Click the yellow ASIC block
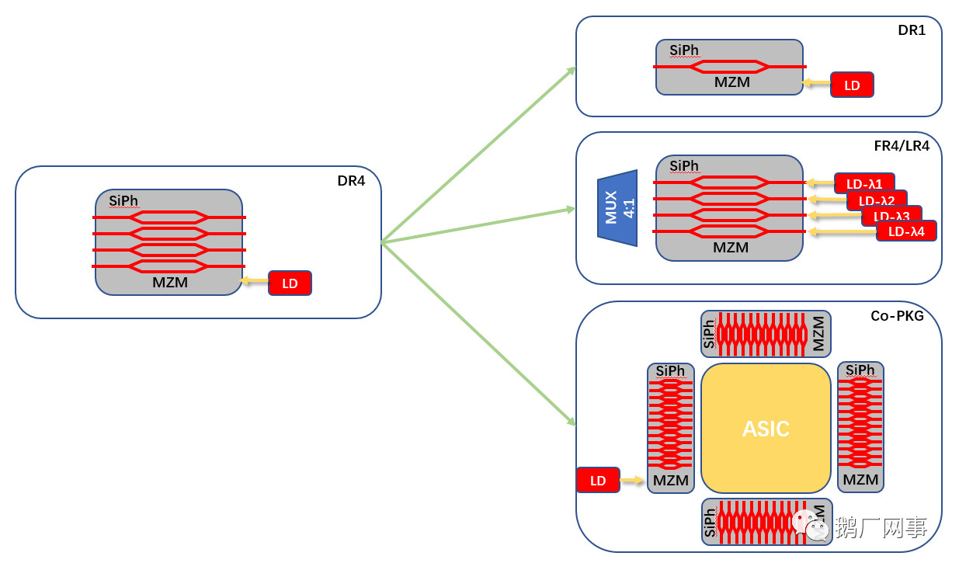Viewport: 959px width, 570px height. tap(766, 428)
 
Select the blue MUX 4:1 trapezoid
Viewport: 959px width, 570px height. tap(617, 208)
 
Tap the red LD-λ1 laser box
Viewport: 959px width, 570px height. tap(864, 183)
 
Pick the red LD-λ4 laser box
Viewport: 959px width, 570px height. tap(906, 231)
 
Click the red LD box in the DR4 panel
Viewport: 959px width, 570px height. tap(290, 283)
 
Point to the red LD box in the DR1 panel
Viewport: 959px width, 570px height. tap(852, 85)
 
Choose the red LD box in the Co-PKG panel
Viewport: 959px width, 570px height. tap(598, 480)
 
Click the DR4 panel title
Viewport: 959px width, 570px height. tap(350, 180)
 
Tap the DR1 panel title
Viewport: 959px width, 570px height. tap(912, 30)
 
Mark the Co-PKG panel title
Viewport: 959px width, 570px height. tap(897, 316)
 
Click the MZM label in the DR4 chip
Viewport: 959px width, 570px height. tap(170, 282)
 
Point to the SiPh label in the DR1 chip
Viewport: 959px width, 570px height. tap(684, 50)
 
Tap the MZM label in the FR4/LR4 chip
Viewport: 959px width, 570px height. tap(731, 248)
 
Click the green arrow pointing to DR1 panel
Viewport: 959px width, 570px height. tap(478, 155)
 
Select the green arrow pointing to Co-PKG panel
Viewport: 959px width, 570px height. tap(478, 334)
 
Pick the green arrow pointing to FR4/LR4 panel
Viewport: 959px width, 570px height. tap(478, 225)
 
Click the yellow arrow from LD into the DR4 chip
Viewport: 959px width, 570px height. tap(254, 281)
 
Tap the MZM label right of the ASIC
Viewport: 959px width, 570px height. tap(860, 480)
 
